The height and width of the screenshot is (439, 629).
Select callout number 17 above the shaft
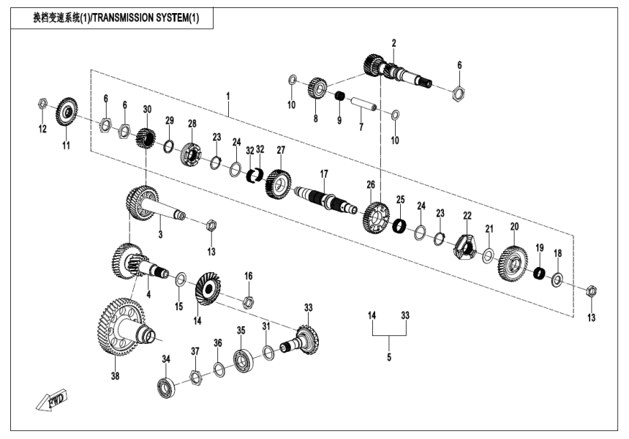[x=323, y=173]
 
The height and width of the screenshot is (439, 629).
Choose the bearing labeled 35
[x=244, y=359]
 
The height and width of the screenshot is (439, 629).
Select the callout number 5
[x=389, y=358]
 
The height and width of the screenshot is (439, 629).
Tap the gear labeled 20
[x=513, y=261]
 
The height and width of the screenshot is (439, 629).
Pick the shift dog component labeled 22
[x=466, y=246]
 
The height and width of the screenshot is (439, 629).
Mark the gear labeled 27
[x=279, y=181]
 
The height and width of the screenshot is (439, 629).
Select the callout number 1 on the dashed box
[x=228, y=96]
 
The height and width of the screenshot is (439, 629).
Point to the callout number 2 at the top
[x=393, y=43]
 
